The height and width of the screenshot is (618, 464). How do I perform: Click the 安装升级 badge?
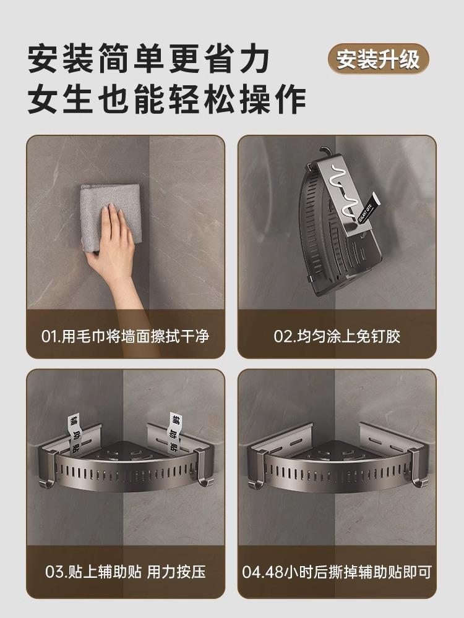[378, 59]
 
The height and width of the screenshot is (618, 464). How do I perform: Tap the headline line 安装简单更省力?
[148, 59]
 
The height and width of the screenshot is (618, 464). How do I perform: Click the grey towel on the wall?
[111, 217]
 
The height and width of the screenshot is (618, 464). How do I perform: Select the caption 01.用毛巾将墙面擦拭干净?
[125, 337]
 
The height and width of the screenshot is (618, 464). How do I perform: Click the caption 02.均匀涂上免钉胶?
[337, 337]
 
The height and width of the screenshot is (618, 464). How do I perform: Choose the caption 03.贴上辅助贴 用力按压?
[126, 572]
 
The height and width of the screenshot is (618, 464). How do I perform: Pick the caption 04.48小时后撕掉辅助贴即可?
[337, 572]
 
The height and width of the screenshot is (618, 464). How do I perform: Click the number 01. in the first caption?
[51, 337]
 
